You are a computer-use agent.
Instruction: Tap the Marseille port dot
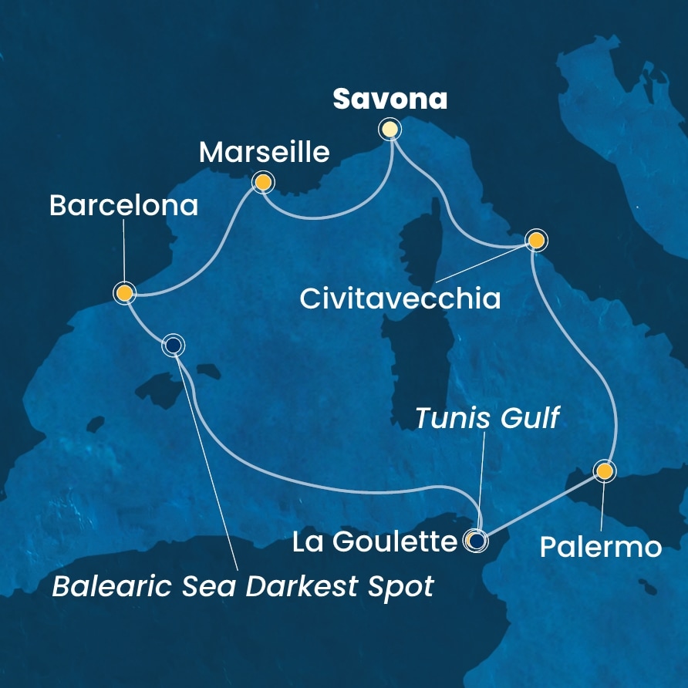point(263,182)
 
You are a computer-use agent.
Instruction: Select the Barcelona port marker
point(124,292)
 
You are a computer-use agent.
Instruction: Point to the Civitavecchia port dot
point(536,241)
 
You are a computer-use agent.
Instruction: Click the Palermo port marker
point(605,470)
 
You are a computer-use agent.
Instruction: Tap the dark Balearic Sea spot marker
point(174,346)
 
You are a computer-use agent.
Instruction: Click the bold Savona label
point(390,99)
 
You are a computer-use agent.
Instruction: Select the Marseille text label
point(265,152)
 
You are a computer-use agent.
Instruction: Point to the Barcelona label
point(123,206)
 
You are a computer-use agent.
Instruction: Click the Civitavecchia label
point(400,298)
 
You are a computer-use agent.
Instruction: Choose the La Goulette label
point(375,543)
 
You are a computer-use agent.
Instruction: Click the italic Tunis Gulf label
point(487,419)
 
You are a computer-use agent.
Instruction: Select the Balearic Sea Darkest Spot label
point(242,588)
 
